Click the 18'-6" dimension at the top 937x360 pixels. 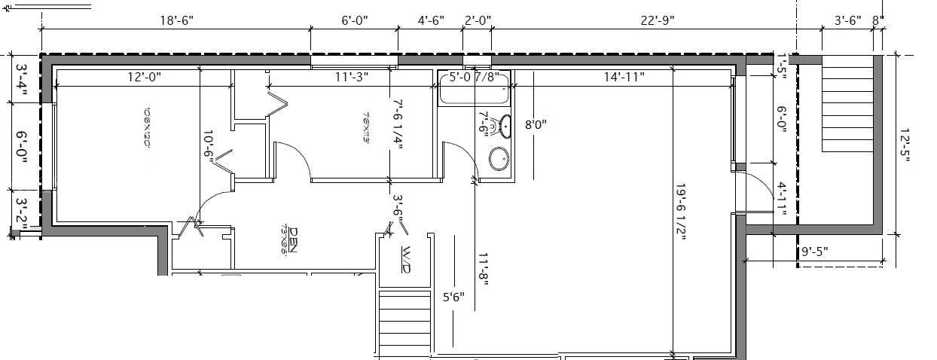tap(177, 21)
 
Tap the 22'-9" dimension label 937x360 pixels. tap(657, 21)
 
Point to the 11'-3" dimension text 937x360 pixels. tap(352, 76)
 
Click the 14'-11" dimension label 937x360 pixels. tap(623, 76)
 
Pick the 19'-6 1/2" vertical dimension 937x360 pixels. tap(682, 214)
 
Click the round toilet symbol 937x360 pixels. tap(498, 159)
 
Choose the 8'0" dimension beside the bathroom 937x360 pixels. tap(536, 124)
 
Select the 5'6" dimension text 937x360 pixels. tap(453, 297)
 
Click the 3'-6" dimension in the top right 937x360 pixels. tap(847, 21)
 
